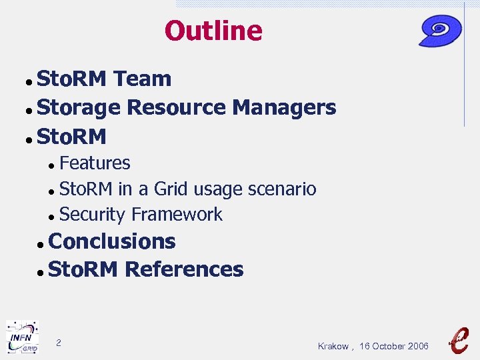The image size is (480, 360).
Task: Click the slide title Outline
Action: click(213, 31)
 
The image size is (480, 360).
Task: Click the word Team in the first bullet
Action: click(142, 79)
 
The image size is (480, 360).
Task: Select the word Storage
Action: click(79, 107)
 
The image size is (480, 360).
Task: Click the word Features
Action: click(95, 163)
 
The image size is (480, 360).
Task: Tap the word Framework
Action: click(177, 215)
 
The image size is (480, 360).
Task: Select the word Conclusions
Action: click(112, 241)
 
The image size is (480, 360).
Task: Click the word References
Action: click(184, 269)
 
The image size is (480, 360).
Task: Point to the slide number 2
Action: click(59, 343)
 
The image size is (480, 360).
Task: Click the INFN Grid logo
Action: click(22, 337)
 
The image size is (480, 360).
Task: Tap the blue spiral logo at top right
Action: click(440, 30)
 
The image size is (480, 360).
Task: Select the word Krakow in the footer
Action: click(333, 346)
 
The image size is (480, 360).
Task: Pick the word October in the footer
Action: click(387, 346)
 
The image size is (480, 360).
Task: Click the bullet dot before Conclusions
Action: click(41, 244)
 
